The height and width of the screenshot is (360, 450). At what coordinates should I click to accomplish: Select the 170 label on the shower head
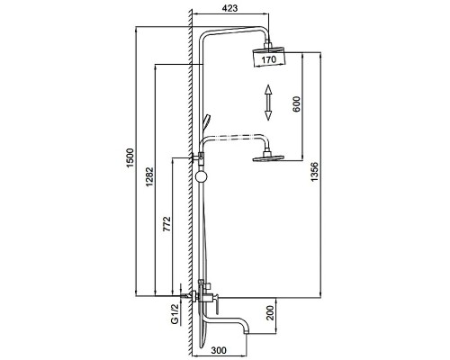pyautogui.click(x=268, y=61)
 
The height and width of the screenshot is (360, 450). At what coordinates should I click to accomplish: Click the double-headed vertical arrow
pyautogui.click(x=268, y=101)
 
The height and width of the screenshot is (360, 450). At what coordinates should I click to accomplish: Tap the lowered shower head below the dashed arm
pyautogui.click(x=267, y=160)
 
